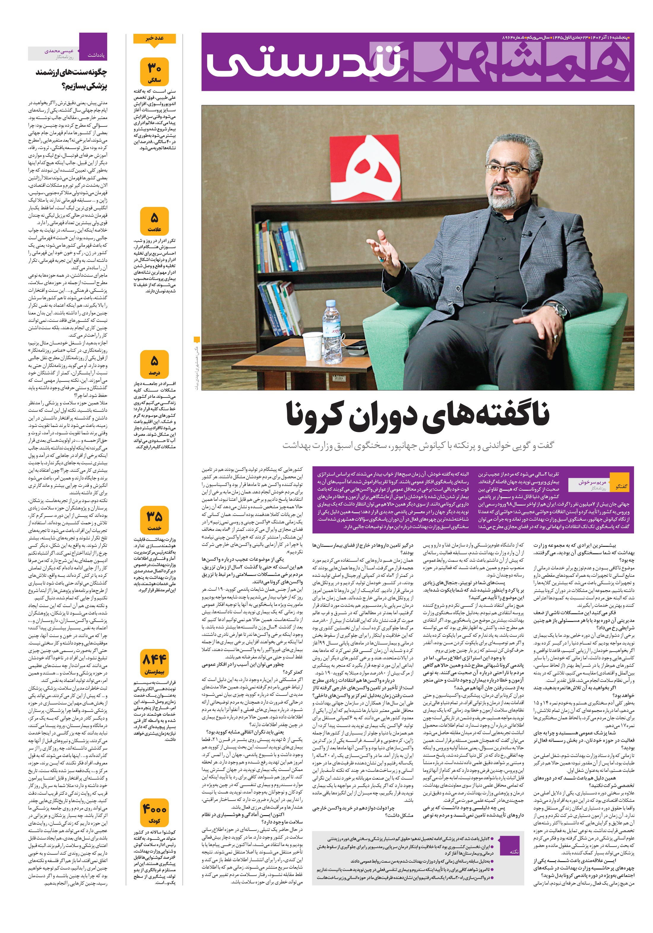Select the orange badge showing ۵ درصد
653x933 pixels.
tap(154, 365)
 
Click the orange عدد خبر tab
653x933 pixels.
tap(154, 39)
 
